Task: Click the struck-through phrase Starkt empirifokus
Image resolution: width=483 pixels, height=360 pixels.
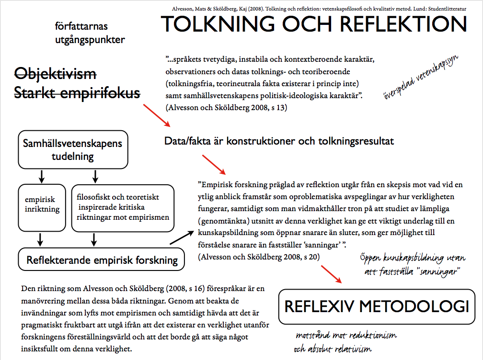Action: point(77,93)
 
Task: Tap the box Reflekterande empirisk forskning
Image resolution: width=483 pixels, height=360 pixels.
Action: point(102,260)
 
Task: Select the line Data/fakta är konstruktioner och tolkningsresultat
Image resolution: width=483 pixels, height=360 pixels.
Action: point(279,141)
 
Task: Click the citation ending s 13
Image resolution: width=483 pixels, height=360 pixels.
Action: point(226,108)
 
